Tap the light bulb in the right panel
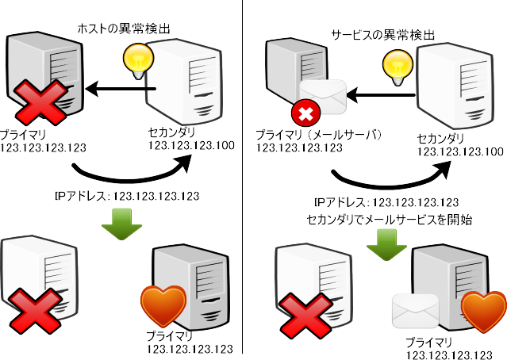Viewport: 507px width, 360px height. pyautogui.click(x=395, y=64)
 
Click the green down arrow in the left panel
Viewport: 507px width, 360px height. pyautogui.click(x=121, y=224)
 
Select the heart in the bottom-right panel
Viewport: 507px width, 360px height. pyautogui.click(x=482, y=312)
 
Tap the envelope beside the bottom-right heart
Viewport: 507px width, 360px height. pyautogui.click(x=415, y=311)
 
